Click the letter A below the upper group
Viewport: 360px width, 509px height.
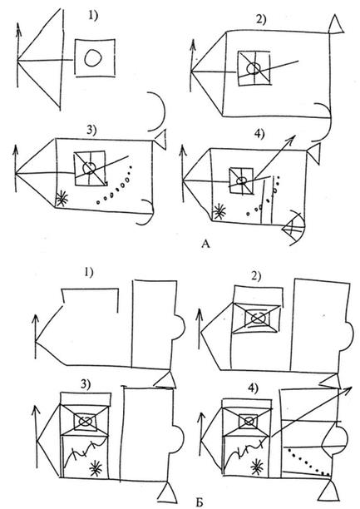tap(205, 244)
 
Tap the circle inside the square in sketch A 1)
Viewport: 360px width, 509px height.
tap(94, 57)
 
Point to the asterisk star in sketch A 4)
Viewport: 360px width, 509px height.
tap(219, 211)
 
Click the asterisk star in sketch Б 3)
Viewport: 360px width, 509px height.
tap(96, 468)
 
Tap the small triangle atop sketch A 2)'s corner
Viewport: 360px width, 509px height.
tap(335, 25)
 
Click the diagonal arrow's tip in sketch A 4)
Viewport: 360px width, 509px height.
tap(294, 136)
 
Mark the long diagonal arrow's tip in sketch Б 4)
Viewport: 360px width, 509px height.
tap(353, 387)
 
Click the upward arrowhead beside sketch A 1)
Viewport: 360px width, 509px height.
tap(18, 26)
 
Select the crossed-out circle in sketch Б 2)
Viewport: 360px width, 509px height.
tap(258, 318)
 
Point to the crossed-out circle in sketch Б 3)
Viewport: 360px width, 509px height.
tap(86, 421)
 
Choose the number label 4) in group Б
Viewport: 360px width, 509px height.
tap(254, 388)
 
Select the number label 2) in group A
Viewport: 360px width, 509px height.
tap(261, 19)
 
